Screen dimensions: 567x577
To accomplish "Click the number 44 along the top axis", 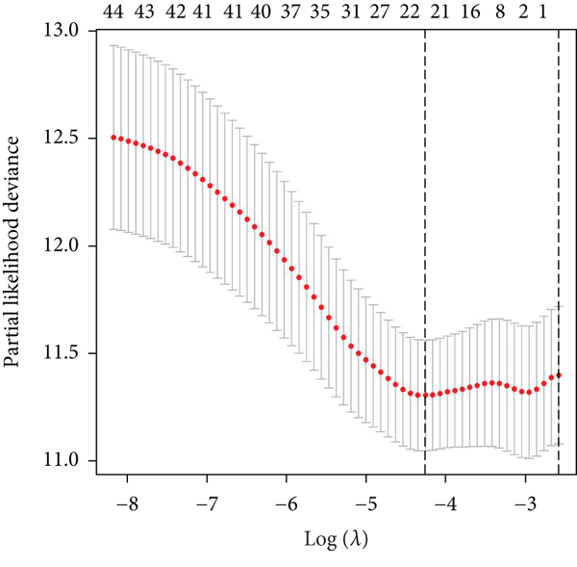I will [113, 13].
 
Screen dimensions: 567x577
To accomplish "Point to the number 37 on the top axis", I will [287, 13].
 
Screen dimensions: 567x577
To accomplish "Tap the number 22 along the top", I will [410, 13].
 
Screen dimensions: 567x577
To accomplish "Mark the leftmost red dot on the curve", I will [113, 138].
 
